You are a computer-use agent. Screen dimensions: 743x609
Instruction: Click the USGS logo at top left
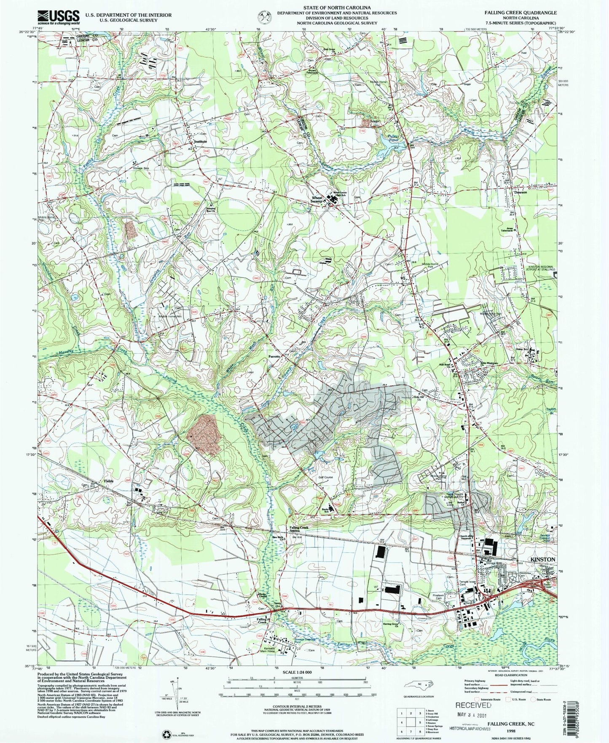(59, 16)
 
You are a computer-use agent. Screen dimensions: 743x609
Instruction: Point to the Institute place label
(201, 142)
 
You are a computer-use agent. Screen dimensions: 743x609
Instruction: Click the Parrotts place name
(274, 357)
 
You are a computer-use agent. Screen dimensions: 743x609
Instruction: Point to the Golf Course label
(325, 477)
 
